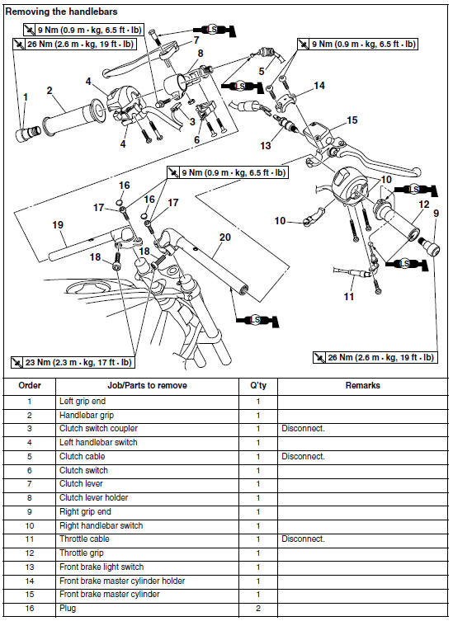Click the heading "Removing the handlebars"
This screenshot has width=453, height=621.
pos(61,12)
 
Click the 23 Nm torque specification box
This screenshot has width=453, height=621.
pos(73,362)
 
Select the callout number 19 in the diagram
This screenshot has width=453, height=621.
pos(58,225)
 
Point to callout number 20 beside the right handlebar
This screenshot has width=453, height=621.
pos(225,238)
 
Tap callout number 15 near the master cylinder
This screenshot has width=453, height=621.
pos(352,120)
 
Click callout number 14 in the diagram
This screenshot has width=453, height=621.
pos(319,86)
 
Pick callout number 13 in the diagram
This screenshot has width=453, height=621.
pos(265,146)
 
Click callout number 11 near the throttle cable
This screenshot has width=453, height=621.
pos(349,296)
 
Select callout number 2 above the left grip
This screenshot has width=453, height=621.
pos(50,91)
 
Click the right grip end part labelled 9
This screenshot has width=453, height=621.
pos(429,247)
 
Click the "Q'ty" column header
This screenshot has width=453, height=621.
pos(258,385)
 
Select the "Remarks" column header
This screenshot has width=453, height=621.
pos(362,385)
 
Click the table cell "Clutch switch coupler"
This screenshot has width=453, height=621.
pos(98,429)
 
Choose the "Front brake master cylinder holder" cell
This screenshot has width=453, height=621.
pos(122,581)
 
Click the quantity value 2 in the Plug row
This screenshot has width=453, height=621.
pos(258,609)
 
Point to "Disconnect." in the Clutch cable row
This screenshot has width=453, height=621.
pos(303,456)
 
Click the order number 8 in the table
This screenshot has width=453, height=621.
pos(30,498)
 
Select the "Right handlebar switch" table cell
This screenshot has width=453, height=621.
pos(101,525)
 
